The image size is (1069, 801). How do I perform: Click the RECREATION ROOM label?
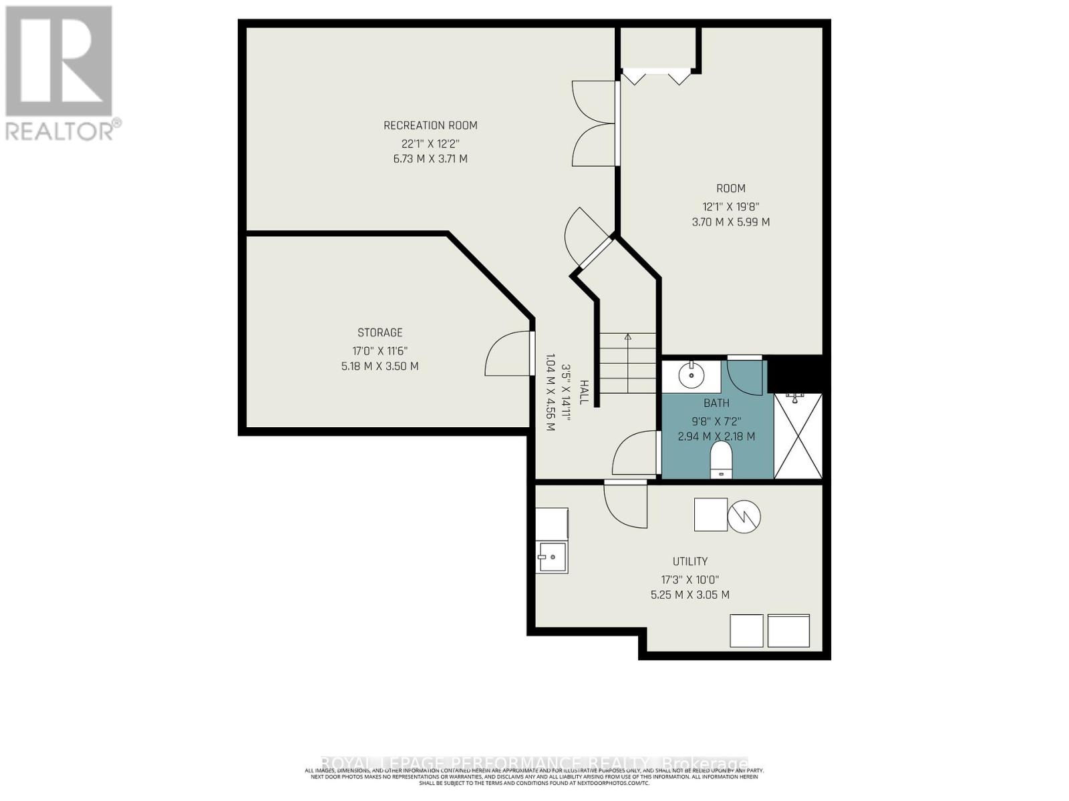coord(430,125)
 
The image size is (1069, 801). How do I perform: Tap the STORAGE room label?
coord(379,332)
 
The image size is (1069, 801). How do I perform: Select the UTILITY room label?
coord(690,561)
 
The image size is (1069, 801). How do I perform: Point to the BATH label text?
coord(716,403)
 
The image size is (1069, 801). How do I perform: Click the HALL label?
coord(583,392)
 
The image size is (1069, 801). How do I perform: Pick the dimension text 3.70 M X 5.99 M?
coord(730,222)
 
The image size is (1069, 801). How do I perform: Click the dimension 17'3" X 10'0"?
coord(690,580)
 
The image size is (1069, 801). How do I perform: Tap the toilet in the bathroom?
coord(721,461)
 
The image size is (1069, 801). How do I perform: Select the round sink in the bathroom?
coord(691,376)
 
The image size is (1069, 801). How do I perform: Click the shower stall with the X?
coord(798,436)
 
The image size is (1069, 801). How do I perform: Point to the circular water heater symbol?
coord(744,516)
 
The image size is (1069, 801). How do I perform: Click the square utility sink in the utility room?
coord(552,557)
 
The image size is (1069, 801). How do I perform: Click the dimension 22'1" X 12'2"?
coord(430,144)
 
